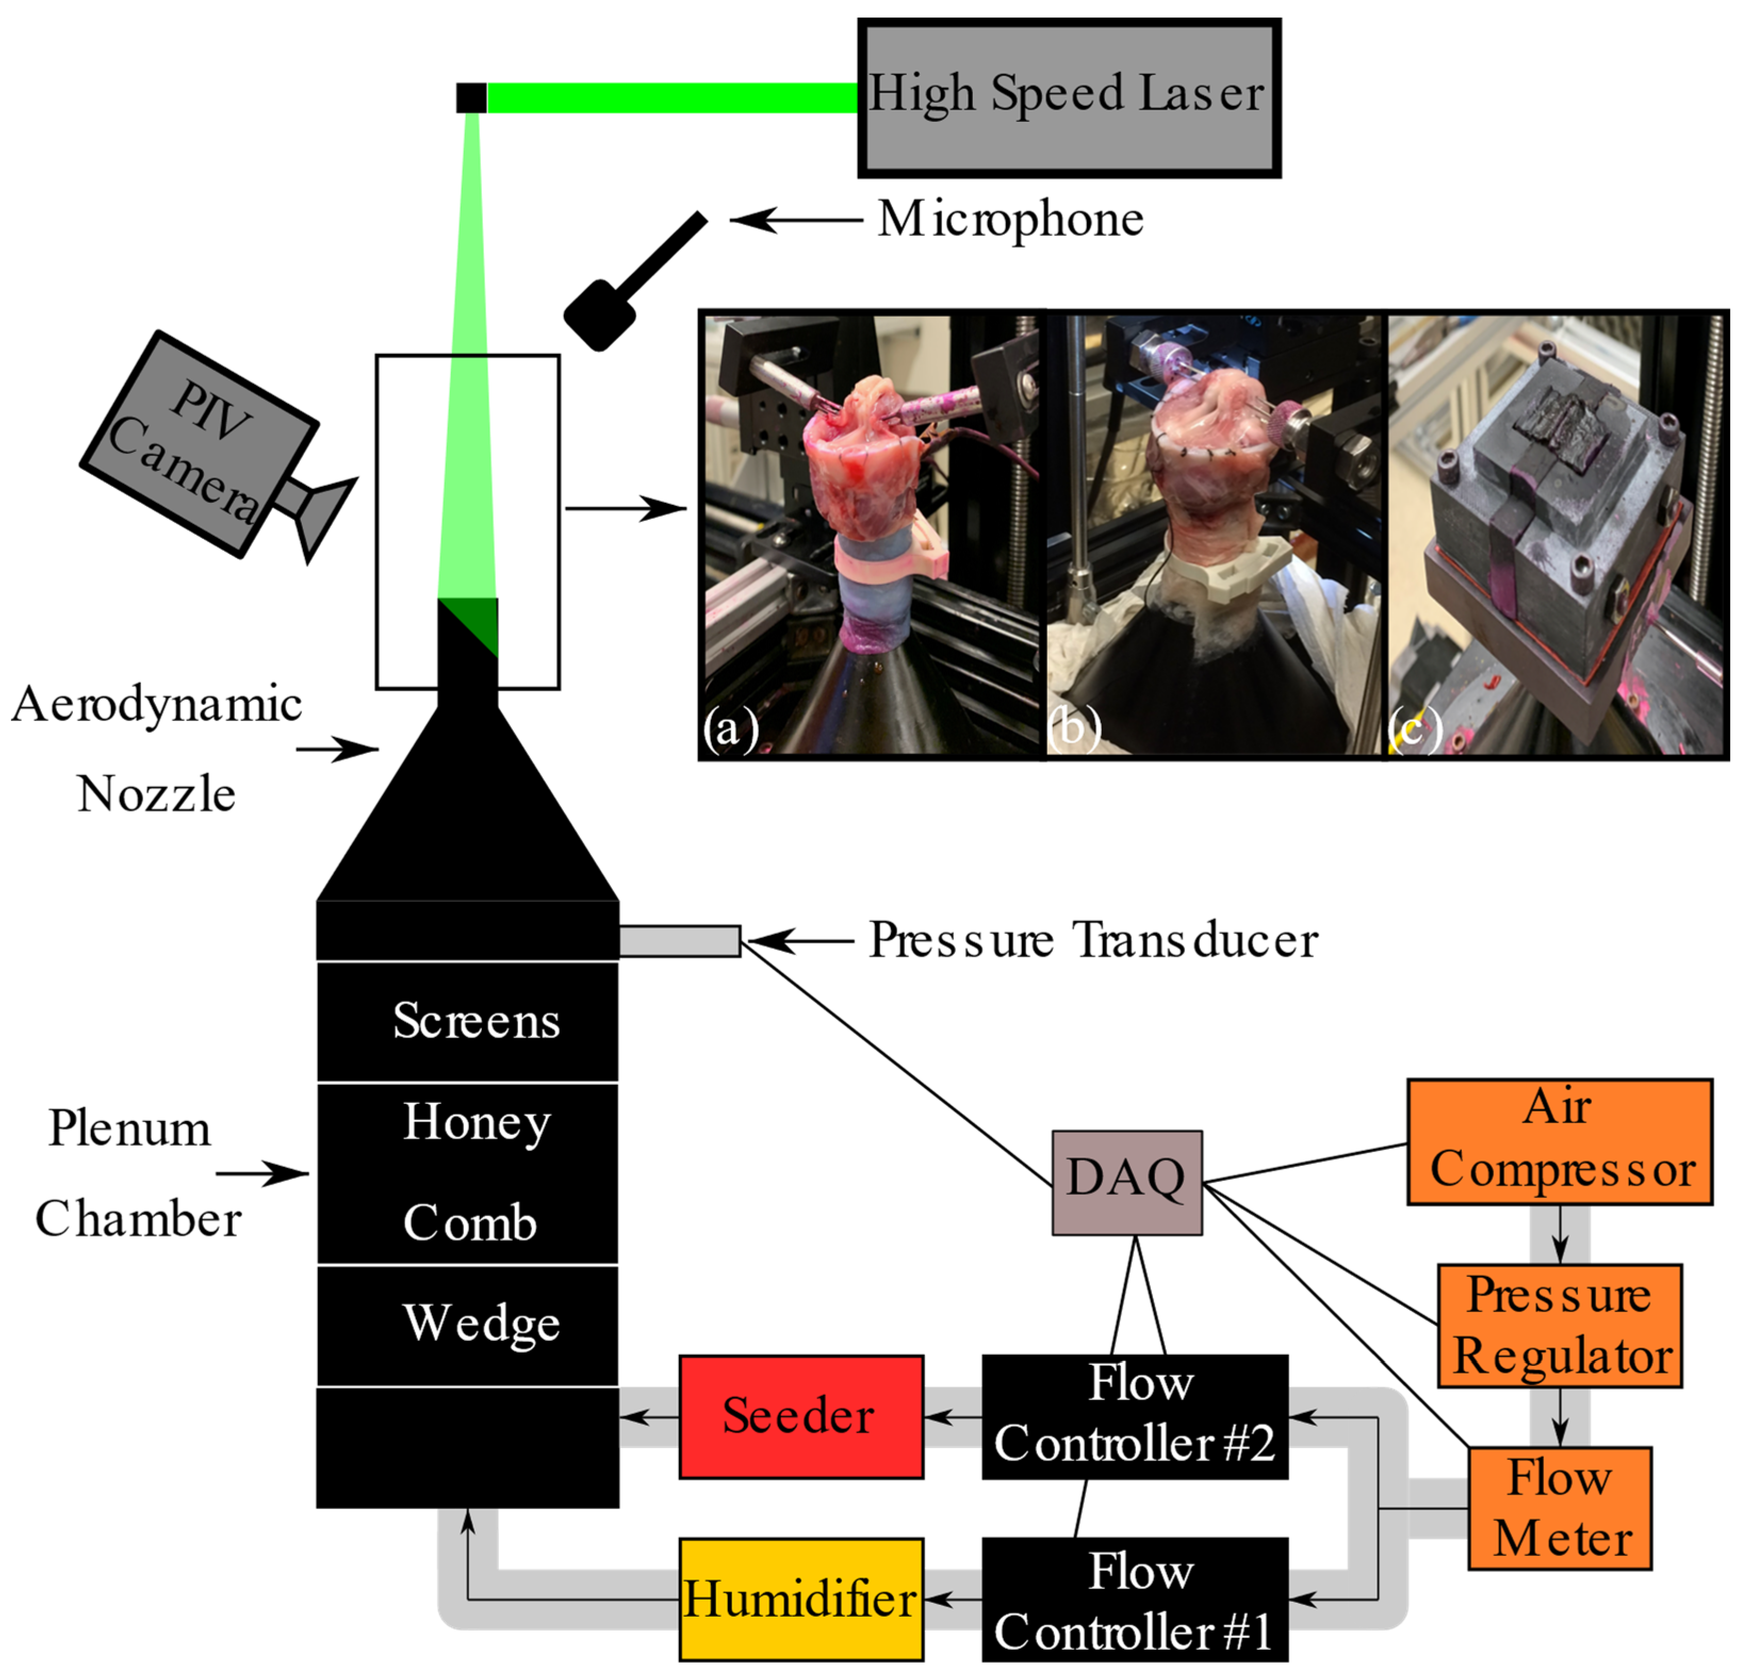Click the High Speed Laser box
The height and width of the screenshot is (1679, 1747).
[x=1069, y=98]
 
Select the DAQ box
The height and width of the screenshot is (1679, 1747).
[x=1127, y=1183]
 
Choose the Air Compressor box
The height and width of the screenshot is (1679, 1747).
[x=1559, y=1142]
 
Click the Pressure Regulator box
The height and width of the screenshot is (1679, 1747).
[x=1559, y=1325]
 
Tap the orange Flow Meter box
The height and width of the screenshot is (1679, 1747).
[x=1559, y=1508]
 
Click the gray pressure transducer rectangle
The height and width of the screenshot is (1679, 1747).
[x=679, y=941]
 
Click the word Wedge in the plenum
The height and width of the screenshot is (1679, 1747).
[x=481, y=1323]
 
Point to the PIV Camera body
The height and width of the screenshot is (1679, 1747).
[x=201, y=444]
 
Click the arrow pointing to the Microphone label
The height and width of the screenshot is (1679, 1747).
[x=793, y=219]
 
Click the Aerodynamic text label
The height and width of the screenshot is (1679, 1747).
[x=157, y=706]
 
